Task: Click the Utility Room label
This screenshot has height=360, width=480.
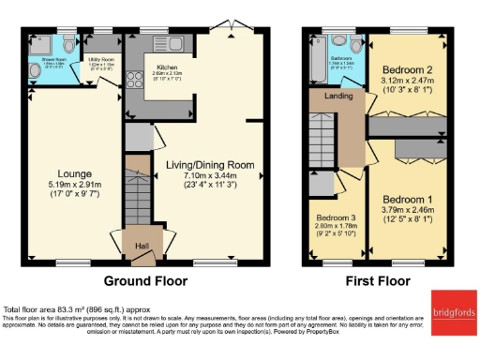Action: (100, 59)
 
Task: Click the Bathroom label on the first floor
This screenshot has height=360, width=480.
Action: (341, 58)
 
